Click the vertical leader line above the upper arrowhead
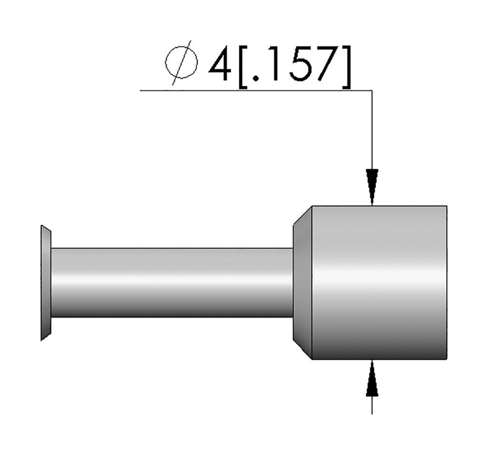372,129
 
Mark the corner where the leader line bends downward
372,90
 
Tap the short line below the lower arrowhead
372,405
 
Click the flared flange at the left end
46,283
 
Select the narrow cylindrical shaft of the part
172,283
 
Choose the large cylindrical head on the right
379,283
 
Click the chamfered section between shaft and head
302,283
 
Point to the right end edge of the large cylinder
447,283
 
